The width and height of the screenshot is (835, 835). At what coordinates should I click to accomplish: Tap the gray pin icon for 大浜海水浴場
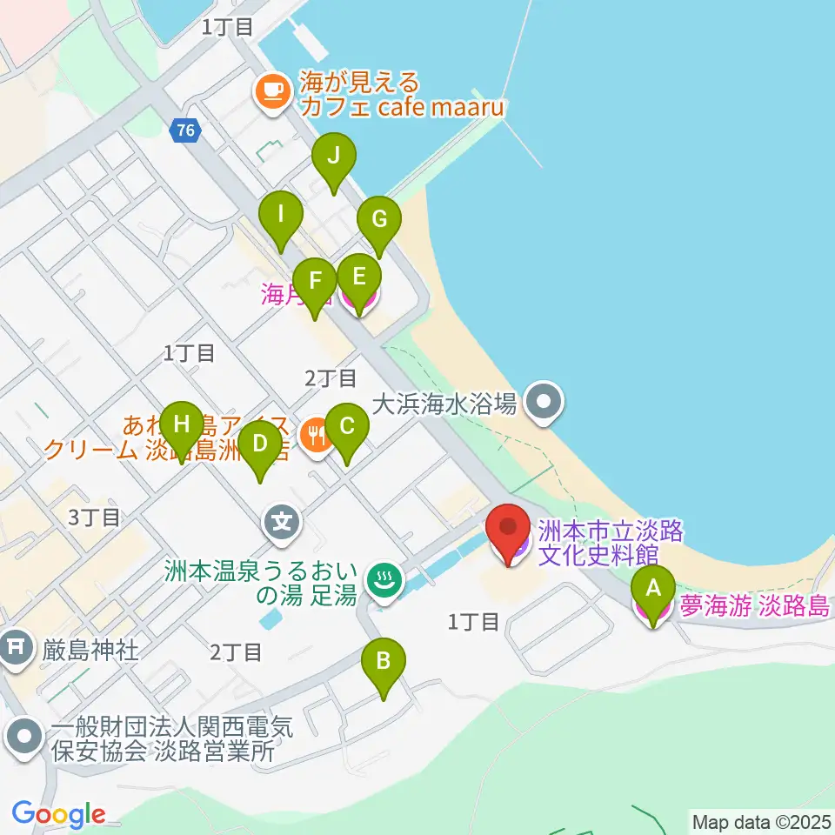point(544,403)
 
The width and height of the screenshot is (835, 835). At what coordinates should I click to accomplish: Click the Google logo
point(58,814)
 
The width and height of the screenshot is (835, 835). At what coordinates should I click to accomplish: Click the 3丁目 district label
point(94,518)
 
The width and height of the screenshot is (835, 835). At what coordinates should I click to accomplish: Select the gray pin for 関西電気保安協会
point(23,738)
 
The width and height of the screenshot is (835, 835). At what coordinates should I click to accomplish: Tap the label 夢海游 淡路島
point(754,606)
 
